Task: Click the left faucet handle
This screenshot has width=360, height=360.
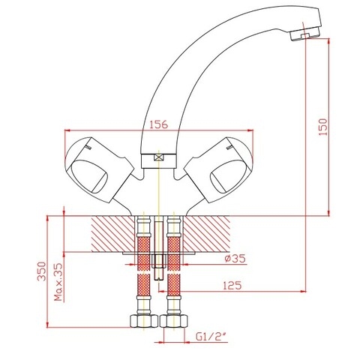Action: tap(91, 164)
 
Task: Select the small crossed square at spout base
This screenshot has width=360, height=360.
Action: tap(157, 158)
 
